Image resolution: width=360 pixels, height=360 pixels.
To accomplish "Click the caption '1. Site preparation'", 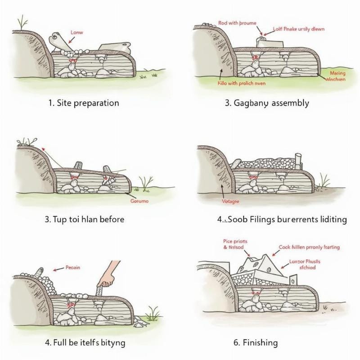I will pos(84,103).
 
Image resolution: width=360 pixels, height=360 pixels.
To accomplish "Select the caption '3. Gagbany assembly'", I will pos(266,103).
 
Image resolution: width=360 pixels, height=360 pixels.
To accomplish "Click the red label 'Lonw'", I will pos(77,32).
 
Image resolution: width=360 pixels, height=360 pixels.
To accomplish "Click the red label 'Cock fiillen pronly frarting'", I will pos(309,247).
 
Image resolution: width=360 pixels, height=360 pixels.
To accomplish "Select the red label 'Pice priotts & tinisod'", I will pos(234,244).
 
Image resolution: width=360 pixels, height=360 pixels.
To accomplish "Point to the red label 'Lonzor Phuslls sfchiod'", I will pos(303,263).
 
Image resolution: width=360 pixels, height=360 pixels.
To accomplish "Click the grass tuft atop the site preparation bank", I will pos(21,22).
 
